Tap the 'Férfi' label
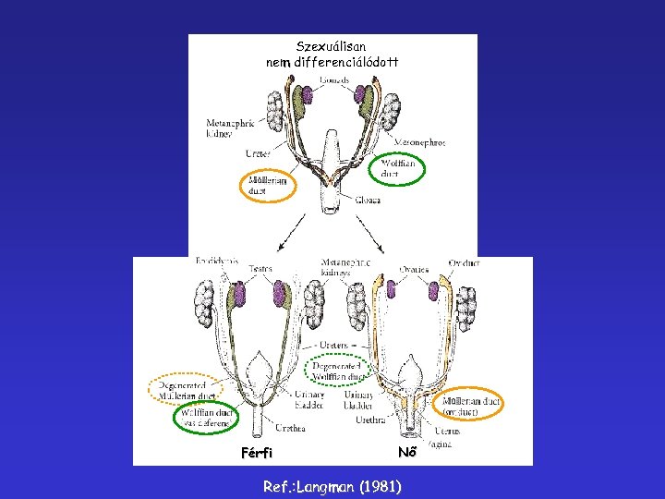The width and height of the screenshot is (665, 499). [257, 453]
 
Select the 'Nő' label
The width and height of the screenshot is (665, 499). [407, 452]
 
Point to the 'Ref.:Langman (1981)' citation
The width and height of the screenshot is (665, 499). [332, 486]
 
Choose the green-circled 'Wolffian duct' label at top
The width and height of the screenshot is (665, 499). [397, 169]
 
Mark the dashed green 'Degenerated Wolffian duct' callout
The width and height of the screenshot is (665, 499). [338, 370]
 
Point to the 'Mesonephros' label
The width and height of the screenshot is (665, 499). [420, 142]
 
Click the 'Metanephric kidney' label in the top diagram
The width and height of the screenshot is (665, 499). [230, 128]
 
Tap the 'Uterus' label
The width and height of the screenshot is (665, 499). [447, 432]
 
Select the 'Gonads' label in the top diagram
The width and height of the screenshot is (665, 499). [334, 80]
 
